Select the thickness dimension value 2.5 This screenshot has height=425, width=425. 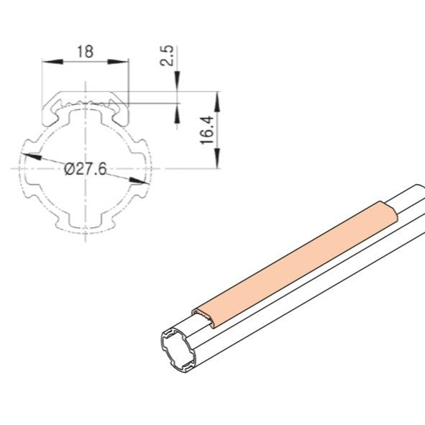(167, 56)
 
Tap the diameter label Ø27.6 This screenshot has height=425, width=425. (86, 170)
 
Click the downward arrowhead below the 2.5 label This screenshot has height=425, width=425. (178, 86)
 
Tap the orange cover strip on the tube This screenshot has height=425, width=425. (295, 259)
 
